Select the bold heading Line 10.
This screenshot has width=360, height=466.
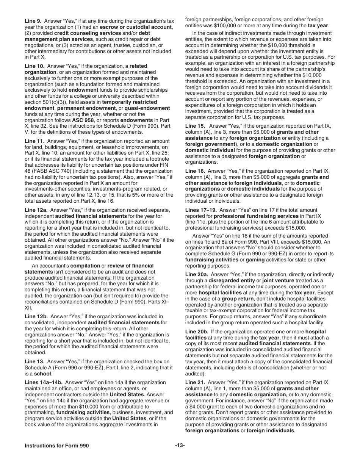(34, 66)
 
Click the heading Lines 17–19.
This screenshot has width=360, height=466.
(201, 210)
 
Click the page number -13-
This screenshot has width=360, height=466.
(180, 446)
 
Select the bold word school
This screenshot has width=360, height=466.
(42, 373)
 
